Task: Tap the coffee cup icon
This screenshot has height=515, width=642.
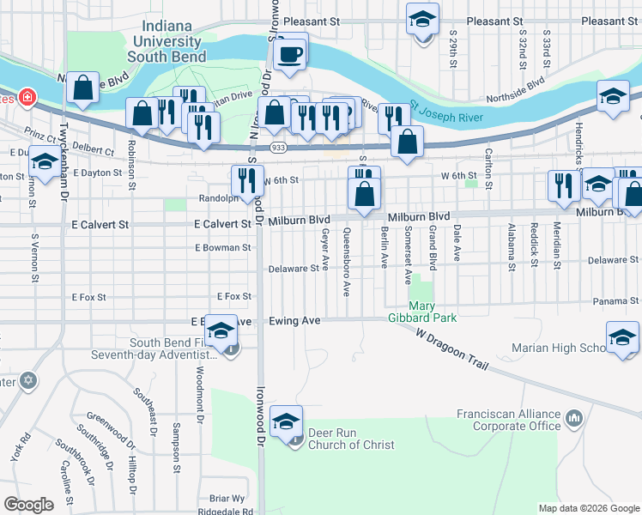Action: click(x=289, y=53)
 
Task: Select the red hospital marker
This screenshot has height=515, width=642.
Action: click(x=27, y=97)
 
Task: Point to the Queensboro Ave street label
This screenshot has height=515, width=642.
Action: click(x=347, y=262)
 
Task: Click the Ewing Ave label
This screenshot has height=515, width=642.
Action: click(x=294, y=320)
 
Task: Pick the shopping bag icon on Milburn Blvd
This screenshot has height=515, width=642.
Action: click(x=365, y=193)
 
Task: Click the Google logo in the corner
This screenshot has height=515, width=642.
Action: click(x=29, y=504)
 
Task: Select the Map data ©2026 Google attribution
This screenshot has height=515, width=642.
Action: click(x=588, y=508)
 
